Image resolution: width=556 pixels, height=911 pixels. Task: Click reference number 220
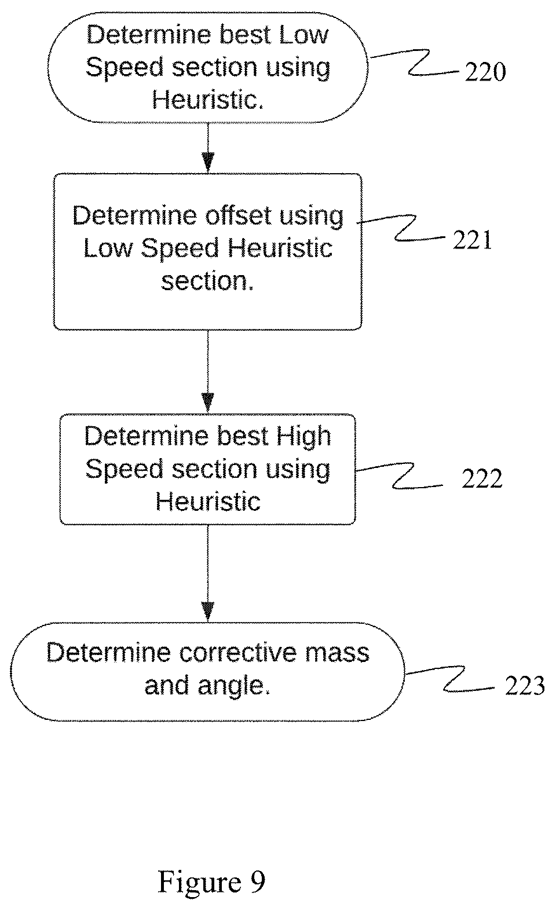pyautogui.click(x=485, y=72)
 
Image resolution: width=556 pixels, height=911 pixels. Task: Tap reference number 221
pyautogui.click(x=473, y=240)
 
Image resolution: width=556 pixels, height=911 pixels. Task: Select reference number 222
pyautogui.click(x=482, y=478)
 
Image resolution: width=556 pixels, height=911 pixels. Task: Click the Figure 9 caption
pyautogui.click(x=211, y=882)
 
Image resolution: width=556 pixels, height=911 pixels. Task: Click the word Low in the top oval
pyautogui.click(x=303, y=35)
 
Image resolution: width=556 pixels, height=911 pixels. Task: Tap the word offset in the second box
pyautogui.click(x=238, y=215)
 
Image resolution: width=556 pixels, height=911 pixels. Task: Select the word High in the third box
pyautogui.click(x=303, y=437)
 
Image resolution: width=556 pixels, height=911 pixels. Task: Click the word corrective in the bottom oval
pyautogui.click(x=237, y=653)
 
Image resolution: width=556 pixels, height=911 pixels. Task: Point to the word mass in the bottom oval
pyautogui.click(x=337, y=653)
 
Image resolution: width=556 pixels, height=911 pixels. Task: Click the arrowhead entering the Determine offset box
pyautogui.click(x=208, y=163)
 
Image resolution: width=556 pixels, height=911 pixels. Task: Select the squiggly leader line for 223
pyautogui.click(x=450, y=678)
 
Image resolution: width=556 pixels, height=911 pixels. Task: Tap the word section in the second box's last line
pyautogui.click(x=207, y=281)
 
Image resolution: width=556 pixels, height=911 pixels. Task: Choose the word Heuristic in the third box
pyautogui.click(x=208, y=502)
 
